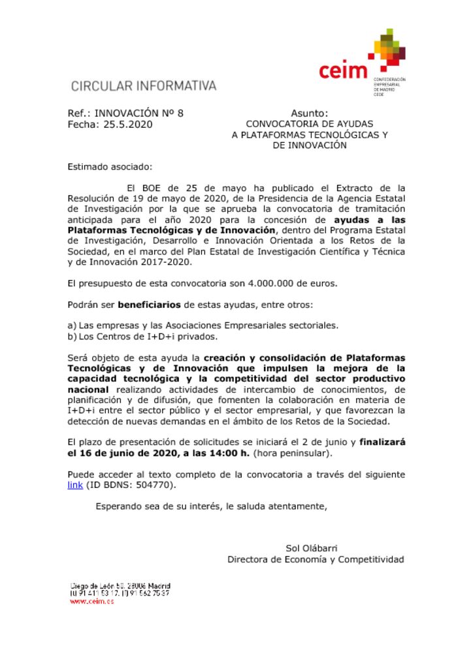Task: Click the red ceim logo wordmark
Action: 343,70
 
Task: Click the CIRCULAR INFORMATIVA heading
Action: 143,85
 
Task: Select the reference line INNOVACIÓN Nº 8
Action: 139,113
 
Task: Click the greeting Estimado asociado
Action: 110,167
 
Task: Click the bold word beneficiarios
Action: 150,305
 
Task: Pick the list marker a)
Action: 72,326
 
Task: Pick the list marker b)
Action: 72,337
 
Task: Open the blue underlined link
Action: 75,485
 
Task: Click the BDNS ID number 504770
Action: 157,485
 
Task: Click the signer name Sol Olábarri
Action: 312,548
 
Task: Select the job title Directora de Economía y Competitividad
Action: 316,559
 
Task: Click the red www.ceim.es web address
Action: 91,601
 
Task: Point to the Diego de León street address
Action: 120,586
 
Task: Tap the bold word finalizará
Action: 382,442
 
